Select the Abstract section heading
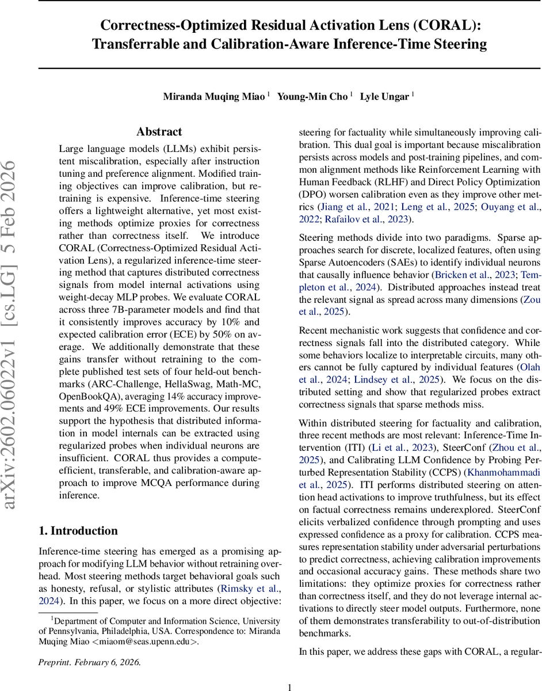[159, 132]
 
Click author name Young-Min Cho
[313, 96]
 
